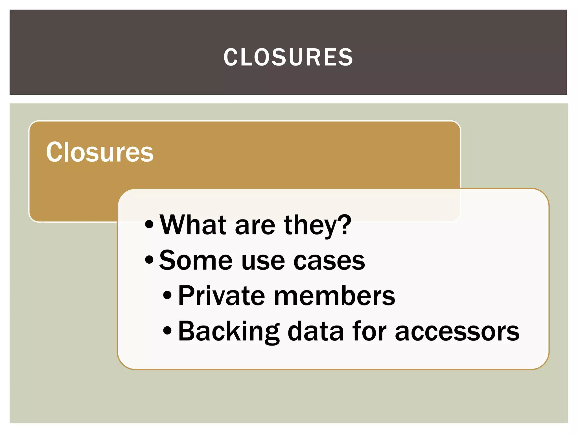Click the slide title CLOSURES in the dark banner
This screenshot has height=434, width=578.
(x=288, y=57)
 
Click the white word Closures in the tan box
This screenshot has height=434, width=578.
(x=100, y=152)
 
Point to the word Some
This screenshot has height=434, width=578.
(x=196, y=260)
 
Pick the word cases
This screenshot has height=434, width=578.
(x=329, y=261)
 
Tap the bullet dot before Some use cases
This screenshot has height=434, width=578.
(x=149, y=260)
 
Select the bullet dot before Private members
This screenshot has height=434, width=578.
(x=167, y=295)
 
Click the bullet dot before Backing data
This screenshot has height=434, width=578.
(x=167, y=330)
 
